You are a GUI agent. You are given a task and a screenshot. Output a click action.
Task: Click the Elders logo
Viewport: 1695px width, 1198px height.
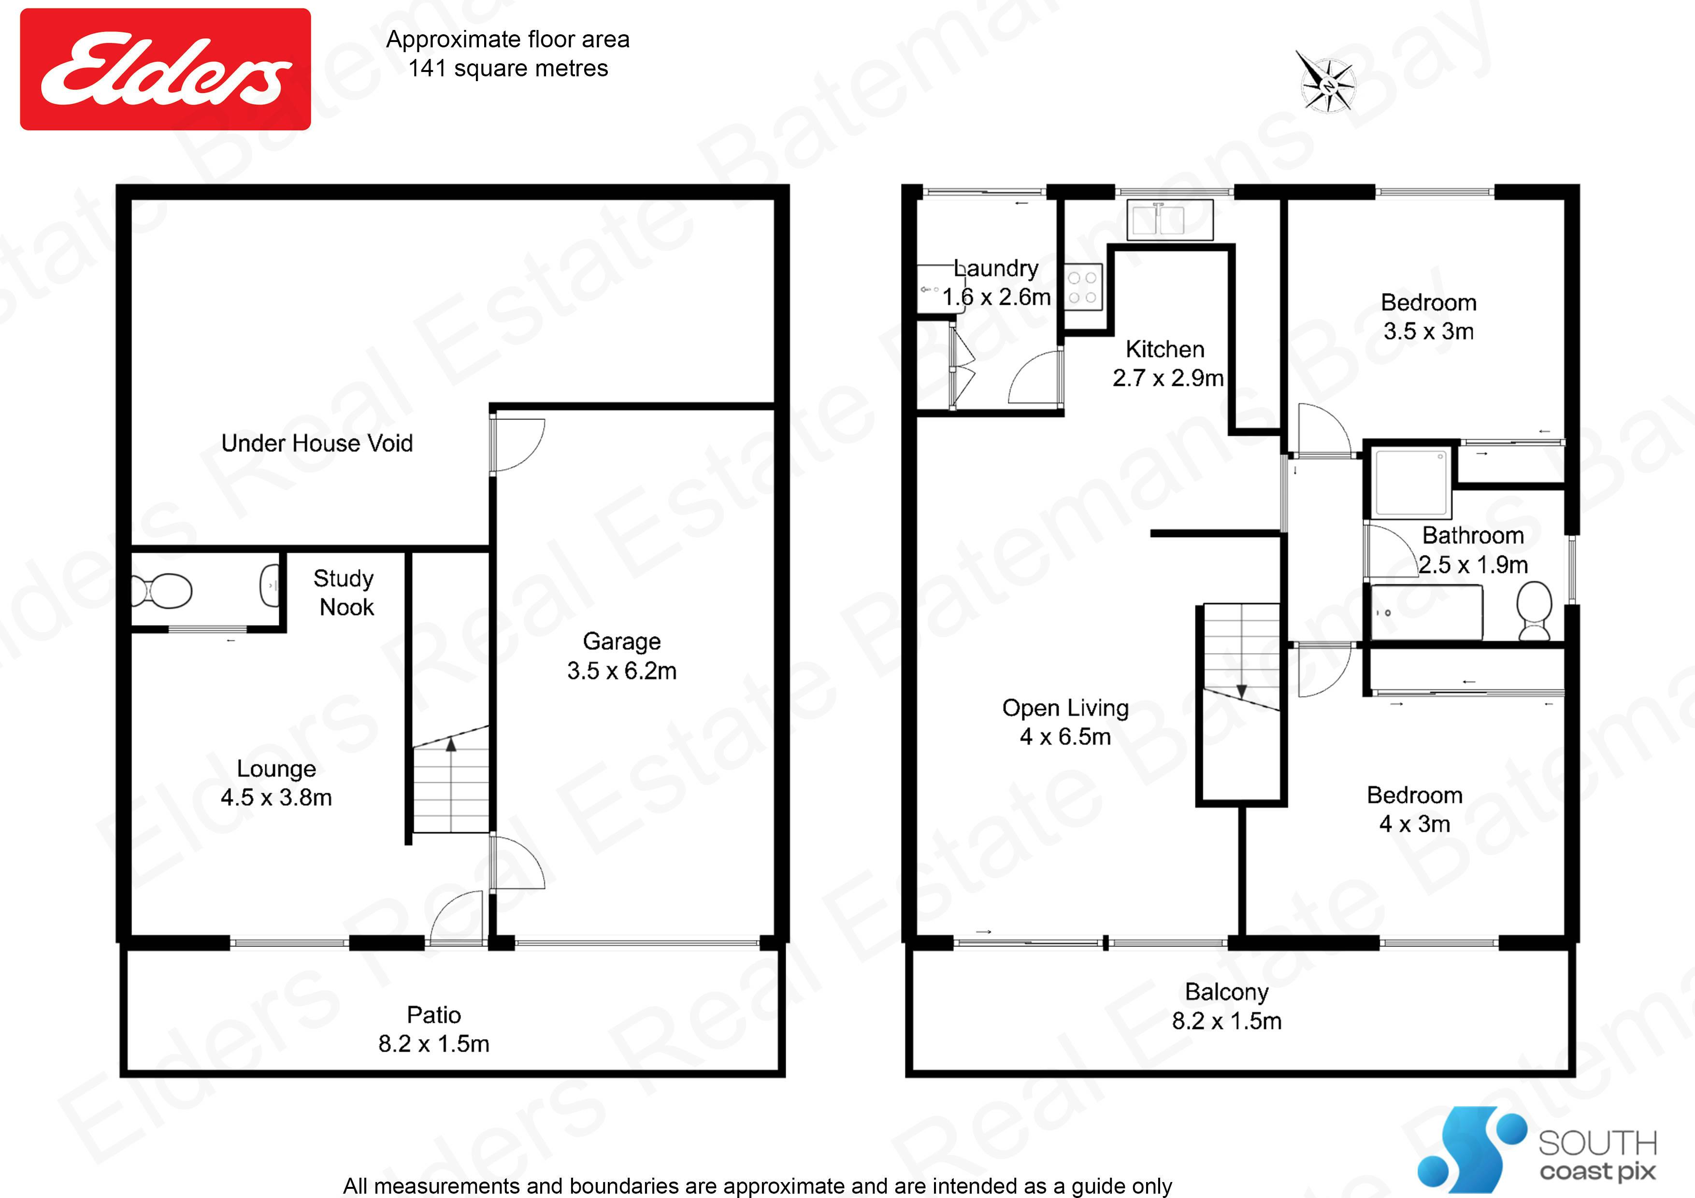[165, 70]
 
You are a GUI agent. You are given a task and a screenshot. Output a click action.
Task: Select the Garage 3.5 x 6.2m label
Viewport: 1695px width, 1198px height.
[621, 656]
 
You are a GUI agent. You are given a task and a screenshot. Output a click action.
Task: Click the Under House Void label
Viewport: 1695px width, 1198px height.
[316, 443]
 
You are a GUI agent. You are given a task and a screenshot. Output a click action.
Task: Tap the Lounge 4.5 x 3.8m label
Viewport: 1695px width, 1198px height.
[276, 783]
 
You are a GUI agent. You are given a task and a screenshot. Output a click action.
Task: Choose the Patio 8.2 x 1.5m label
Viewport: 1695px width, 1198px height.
[434, 1029]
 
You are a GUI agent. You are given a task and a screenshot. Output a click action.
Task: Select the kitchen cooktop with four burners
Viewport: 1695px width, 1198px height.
[1082, 287]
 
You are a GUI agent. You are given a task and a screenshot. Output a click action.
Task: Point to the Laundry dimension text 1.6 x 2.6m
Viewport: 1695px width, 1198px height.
[997, 297]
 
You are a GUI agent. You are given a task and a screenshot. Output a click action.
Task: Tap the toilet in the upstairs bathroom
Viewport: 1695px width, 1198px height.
[1534, 611]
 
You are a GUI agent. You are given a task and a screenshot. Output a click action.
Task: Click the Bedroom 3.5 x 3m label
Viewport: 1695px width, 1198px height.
[1428, 317]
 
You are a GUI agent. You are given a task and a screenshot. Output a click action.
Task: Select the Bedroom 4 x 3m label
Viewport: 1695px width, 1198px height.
[1414, 809]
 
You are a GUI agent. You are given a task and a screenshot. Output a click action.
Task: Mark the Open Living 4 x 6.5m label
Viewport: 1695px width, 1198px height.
[1065, 722]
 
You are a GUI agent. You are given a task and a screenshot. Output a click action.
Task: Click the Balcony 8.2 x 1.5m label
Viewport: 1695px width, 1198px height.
[1227, 1006]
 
